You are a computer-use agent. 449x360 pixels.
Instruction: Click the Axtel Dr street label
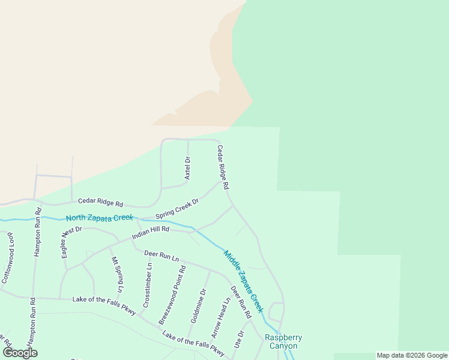pos(187,168)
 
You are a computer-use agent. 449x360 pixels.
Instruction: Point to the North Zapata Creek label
pos(99,218)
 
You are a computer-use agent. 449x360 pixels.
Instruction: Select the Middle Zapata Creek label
pos(244,281)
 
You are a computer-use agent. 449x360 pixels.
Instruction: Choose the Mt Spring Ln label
pos(116,275)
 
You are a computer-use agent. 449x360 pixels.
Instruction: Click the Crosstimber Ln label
pos(147,286)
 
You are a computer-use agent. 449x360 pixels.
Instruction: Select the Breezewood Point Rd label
pos(173,295)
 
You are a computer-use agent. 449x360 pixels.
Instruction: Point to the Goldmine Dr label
pos(198,306)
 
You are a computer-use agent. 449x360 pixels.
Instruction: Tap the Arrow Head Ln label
pos(220,318)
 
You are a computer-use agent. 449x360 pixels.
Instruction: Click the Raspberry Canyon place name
pos(283,341)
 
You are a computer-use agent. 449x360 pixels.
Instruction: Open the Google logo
pos(20,353)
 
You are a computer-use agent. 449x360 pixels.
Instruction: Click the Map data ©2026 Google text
pos(412,355)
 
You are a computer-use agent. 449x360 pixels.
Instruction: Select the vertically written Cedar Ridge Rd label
pos(223,168)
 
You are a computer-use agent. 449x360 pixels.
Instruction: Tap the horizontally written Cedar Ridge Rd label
pos(100,204)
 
